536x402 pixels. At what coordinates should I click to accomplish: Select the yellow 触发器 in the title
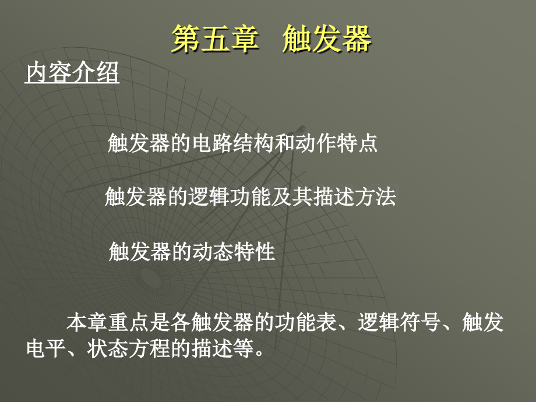point(327,39)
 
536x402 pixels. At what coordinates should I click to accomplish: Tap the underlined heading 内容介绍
point(72,72)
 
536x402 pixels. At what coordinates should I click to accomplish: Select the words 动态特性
point(234,252)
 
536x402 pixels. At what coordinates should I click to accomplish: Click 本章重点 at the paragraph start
point(108,322)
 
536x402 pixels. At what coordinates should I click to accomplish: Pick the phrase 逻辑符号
point(399,322)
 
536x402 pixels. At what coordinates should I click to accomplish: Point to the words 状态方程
point(129,348)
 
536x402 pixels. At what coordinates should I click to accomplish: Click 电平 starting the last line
point(47,348)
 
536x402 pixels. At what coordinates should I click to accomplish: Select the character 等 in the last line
point(244,348)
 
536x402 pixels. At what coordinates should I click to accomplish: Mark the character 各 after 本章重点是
point(181,322)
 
